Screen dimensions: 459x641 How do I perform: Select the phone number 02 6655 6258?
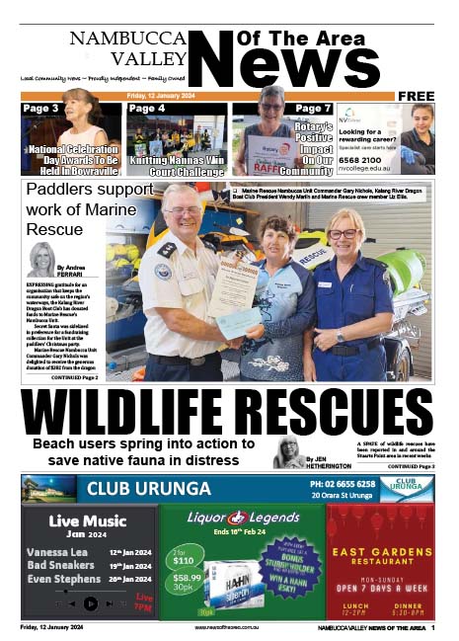[x=343, y=483]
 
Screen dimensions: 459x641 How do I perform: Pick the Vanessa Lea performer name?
[x=57, y=552]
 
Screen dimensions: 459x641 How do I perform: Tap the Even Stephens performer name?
[x=63, y=579]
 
